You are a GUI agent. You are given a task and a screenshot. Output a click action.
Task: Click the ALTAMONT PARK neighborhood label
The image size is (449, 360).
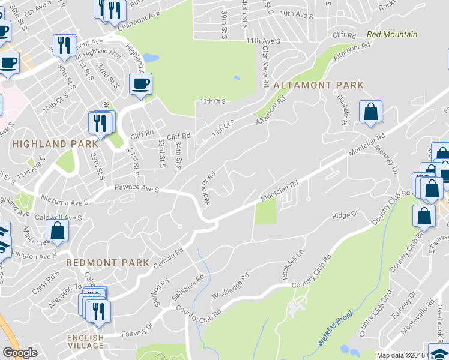(318, 85)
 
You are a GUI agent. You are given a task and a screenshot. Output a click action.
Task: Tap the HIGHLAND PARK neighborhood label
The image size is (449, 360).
(55, 144)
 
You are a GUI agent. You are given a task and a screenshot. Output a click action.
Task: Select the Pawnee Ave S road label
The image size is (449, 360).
(137, 189)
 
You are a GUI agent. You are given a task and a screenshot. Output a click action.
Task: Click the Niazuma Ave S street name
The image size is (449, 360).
(62, 197)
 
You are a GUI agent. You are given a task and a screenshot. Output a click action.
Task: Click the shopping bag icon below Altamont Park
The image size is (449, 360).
(371, 112)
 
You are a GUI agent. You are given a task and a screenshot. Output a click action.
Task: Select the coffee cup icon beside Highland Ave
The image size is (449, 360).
(140, 83)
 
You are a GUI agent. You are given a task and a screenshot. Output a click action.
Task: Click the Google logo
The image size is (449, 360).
(20, 353)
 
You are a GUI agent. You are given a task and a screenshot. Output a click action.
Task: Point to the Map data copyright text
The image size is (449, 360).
(412, 355)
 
